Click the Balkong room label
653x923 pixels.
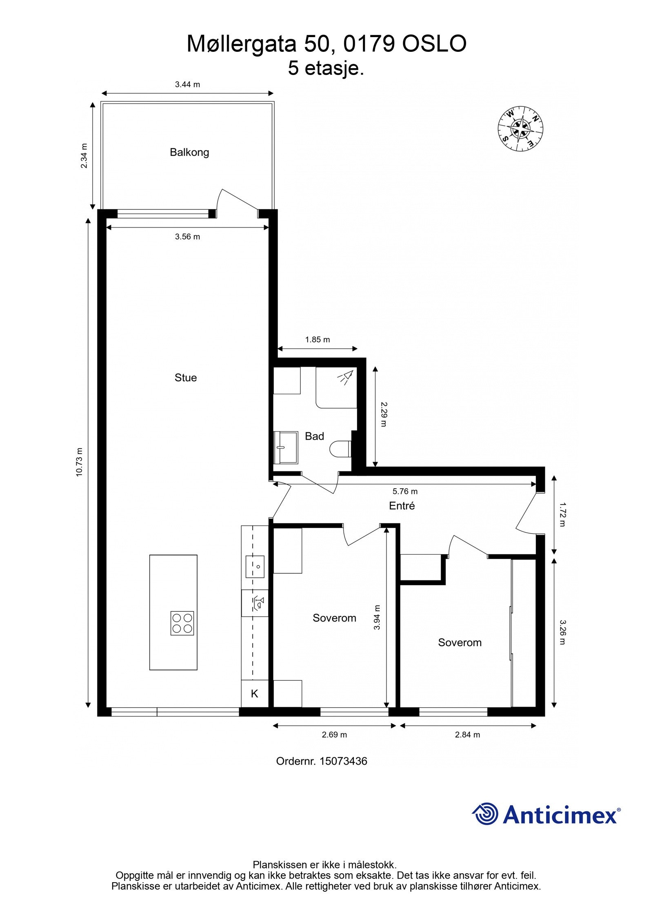tap(189, 153)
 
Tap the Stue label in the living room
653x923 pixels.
tap(186, 378)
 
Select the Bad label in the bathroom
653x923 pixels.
tap(314, 436)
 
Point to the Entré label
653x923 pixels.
tap(402, 506)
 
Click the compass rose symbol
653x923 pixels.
tap(520, 129)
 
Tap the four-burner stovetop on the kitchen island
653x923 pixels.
tap(182, 623)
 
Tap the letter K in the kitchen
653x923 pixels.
tap(254, 693)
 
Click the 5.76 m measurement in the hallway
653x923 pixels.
tap(405, 491)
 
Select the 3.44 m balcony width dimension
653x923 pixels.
tap(187, 84)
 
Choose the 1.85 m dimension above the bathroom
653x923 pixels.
tap(318, 339)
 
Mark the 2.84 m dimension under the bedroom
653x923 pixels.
tap(467, 735)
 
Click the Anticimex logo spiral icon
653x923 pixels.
tap(485, 813)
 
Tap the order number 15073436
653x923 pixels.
tap(343, 761)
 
